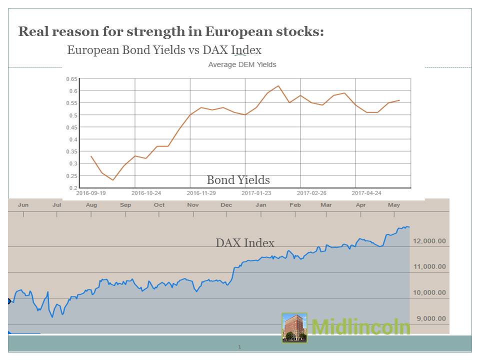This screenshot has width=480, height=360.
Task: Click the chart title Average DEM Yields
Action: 242,64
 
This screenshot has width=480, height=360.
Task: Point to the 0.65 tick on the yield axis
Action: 71,79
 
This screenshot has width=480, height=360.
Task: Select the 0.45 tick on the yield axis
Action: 71,127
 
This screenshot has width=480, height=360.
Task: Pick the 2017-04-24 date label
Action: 366,192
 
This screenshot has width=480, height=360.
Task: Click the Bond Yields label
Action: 238,180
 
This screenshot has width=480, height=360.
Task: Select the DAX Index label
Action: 245,243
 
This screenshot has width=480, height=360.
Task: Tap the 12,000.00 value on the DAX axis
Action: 429,241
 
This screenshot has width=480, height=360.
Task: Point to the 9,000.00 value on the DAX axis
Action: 429,318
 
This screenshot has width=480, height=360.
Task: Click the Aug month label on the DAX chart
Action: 91,205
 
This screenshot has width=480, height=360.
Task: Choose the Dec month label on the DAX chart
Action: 226,205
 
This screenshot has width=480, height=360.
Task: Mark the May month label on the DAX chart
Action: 394,205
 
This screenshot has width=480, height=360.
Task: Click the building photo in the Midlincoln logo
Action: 294,327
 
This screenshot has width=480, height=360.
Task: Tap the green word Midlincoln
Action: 360,327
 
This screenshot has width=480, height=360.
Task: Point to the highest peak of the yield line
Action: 278,86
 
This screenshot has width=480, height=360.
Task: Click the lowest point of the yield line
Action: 113,180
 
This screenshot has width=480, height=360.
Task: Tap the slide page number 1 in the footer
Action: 239,346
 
